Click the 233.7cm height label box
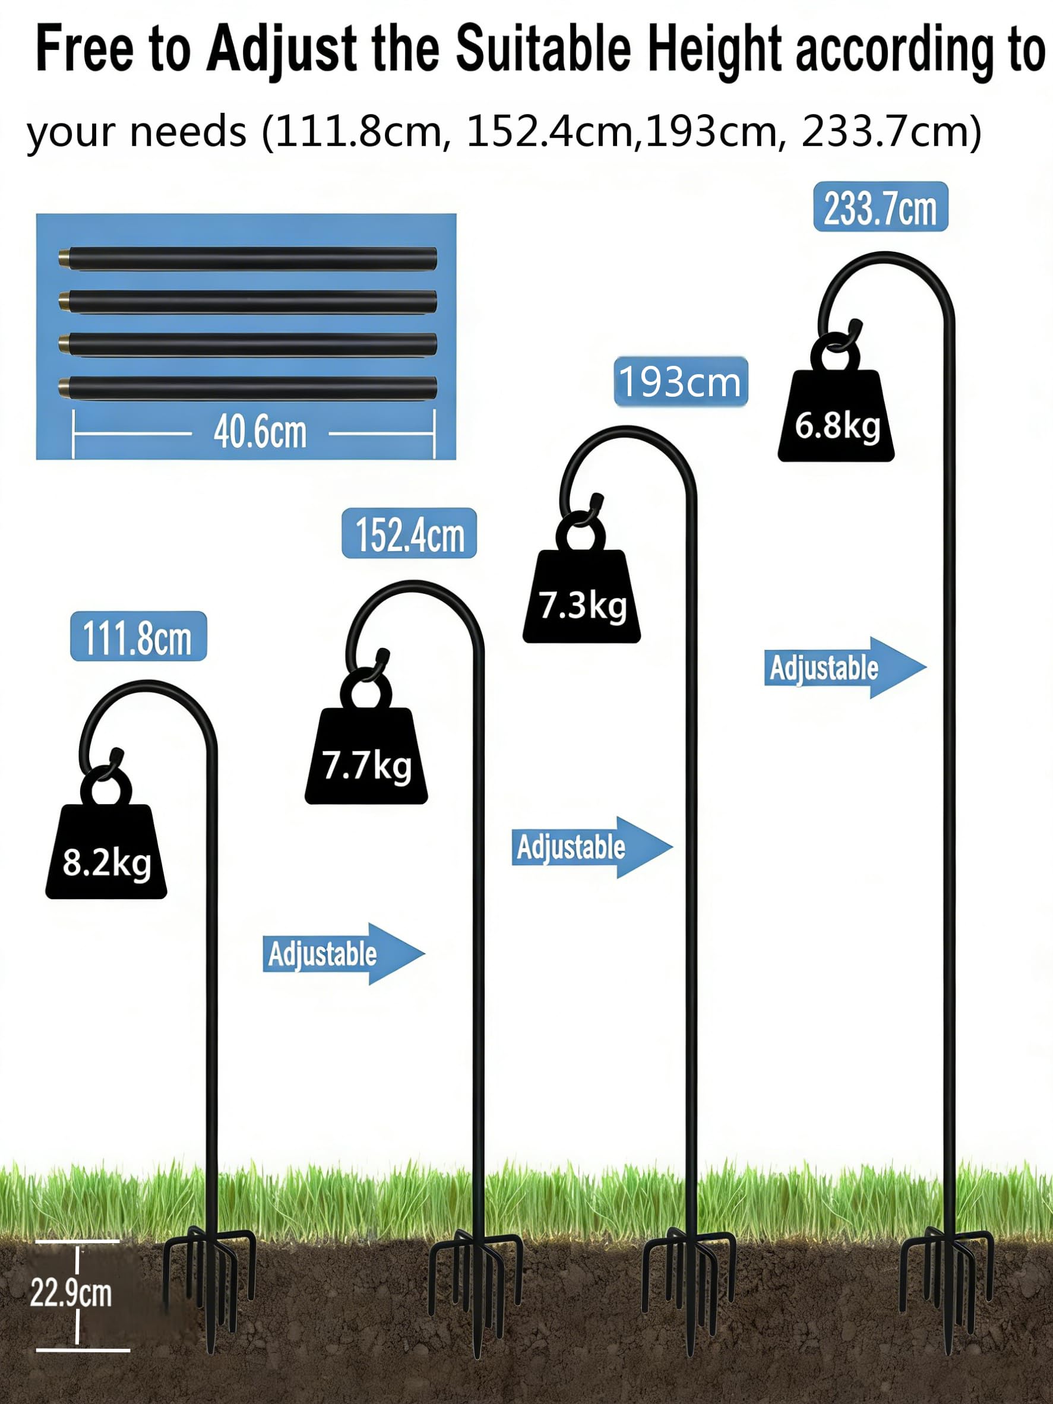click(880, 207)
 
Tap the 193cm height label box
click(681, 381)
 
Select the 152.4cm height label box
click(409, 533)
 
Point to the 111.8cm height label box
click(138, 636)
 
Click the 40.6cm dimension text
click(260, 432)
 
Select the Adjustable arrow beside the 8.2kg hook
click(343, 954)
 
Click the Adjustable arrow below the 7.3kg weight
click(592, 848)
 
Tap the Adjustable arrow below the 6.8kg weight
click(845, 668)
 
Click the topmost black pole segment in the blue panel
click(248, 259)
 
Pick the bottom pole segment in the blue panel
click(248, 388)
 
